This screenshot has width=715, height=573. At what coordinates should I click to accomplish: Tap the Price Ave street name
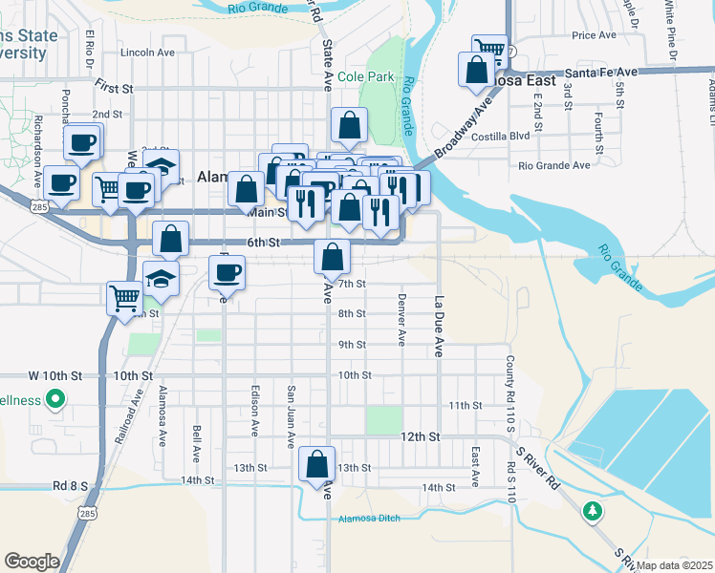click(594, 35)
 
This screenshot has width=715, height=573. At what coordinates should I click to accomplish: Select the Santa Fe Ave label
click(600, 72)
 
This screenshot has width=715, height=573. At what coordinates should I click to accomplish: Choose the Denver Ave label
click(401, 325)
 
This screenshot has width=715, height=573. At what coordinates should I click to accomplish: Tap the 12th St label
click(420, 436)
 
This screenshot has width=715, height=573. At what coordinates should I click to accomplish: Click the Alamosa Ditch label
click(368, 520)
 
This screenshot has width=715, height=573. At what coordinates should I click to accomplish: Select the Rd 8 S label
click(70, 485)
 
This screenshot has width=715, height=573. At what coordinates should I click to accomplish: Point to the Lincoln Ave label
click(147, 53)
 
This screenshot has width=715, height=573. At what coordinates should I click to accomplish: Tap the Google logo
click(32, 562)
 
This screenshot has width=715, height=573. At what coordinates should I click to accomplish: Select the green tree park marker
click(593, 512)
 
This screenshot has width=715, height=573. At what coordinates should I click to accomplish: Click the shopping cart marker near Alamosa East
click(489, 48)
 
